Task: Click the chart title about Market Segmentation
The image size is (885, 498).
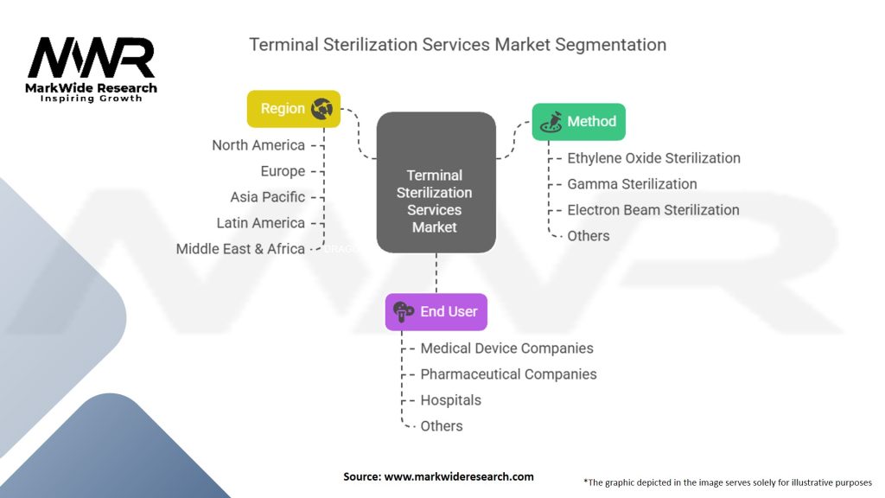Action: click(457, 44)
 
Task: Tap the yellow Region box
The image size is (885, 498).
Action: click(293, 109)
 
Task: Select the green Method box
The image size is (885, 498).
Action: click(577, 122)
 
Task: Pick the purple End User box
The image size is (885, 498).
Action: click(436, 312)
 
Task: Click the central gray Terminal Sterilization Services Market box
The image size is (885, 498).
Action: click(436, 182)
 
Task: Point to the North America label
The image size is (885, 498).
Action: click(258, 145)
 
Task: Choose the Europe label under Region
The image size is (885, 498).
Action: click(283, 171)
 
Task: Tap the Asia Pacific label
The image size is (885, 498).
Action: click(267, 197)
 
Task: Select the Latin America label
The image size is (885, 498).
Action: click(260, 223)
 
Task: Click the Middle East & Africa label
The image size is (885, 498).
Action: click(240, 249)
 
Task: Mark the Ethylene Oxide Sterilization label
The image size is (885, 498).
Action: click(653, 158)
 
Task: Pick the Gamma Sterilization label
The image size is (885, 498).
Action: click(632, 184)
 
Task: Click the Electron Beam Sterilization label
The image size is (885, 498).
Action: click(653, 210)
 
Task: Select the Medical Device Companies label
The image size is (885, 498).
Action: click(506, 348)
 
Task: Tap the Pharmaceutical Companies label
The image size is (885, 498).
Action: click(508, 374)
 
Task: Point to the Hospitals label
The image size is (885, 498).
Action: click(450, 400)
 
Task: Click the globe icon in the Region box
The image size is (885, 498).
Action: click(322, 109)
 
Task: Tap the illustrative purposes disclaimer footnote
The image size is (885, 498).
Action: click(728, 482)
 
